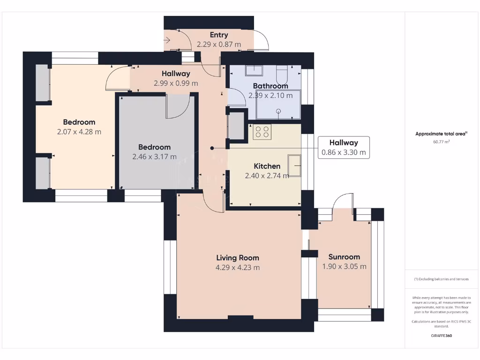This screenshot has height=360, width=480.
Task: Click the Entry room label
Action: (219, 35)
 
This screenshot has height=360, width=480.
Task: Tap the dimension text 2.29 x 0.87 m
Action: (219, 45)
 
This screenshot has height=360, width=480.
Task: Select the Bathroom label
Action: (270, 86)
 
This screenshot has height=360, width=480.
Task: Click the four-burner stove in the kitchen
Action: (262, 132)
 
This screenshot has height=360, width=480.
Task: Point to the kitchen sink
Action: (295, 165)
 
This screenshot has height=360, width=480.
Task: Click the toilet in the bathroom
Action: (282, 74)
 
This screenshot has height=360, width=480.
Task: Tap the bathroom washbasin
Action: (255, 70)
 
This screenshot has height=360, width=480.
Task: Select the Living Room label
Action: (237, 257)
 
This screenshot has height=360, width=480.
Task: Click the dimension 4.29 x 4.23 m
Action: (237, 268)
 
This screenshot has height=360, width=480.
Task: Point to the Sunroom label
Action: (344, 256)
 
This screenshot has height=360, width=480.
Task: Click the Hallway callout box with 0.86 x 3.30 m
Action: (343, 148)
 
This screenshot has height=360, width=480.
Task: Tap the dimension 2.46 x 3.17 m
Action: (154, 157)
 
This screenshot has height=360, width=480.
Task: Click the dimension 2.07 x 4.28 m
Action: (79, 132)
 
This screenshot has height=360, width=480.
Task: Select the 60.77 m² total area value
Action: (441, 141)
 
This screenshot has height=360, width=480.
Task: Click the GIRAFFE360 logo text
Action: (441, 336)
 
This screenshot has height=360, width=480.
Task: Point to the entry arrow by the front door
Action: (168, 41)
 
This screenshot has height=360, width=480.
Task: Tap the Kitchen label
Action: (267, 166)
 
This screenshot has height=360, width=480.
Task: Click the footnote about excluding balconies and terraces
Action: (441, 279)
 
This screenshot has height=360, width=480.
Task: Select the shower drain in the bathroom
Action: (278, 111)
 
